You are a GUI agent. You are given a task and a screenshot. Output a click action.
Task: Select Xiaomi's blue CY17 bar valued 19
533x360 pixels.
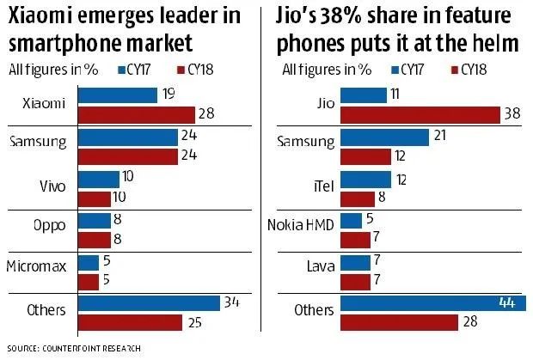click(117, 95)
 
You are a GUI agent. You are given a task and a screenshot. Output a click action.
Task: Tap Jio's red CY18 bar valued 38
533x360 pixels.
click(421, 114)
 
